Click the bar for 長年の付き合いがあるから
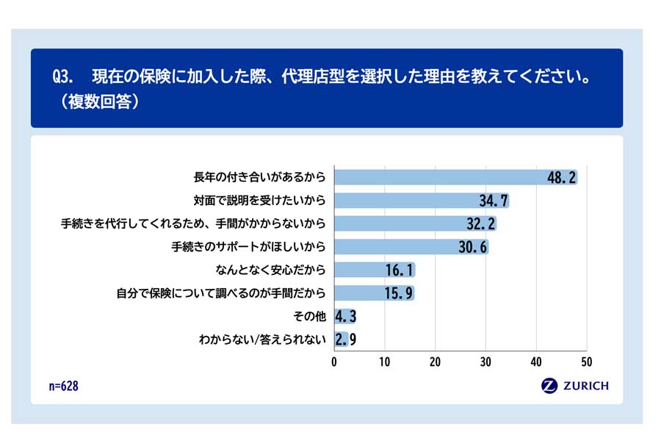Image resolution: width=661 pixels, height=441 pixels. pos(441,177)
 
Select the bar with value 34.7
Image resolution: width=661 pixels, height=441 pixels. pos(411,201)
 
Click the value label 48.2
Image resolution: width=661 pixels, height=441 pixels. pos(561,177)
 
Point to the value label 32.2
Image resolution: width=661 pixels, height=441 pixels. pos(480,223)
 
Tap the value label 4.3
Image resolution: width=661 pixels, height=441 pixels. pos(345,316)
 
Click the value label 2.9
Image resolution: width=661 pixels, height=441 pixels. pos(345,339)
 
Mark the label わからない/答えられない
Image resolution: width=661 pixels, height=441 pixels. pos(262,339)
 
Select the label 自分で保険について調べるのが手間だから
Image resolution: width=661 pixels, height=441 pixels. pos(220,293)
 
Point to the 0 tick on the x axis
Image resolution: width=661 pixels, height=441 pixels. pos(334,362)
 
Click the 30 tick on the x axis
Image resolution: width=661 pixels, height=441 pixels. pos(485,362)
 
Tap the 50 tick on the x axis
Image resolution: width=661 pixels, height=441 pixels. pos(586,362)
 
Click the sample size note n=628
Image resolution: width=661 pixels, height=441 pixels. pos(62,386)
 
